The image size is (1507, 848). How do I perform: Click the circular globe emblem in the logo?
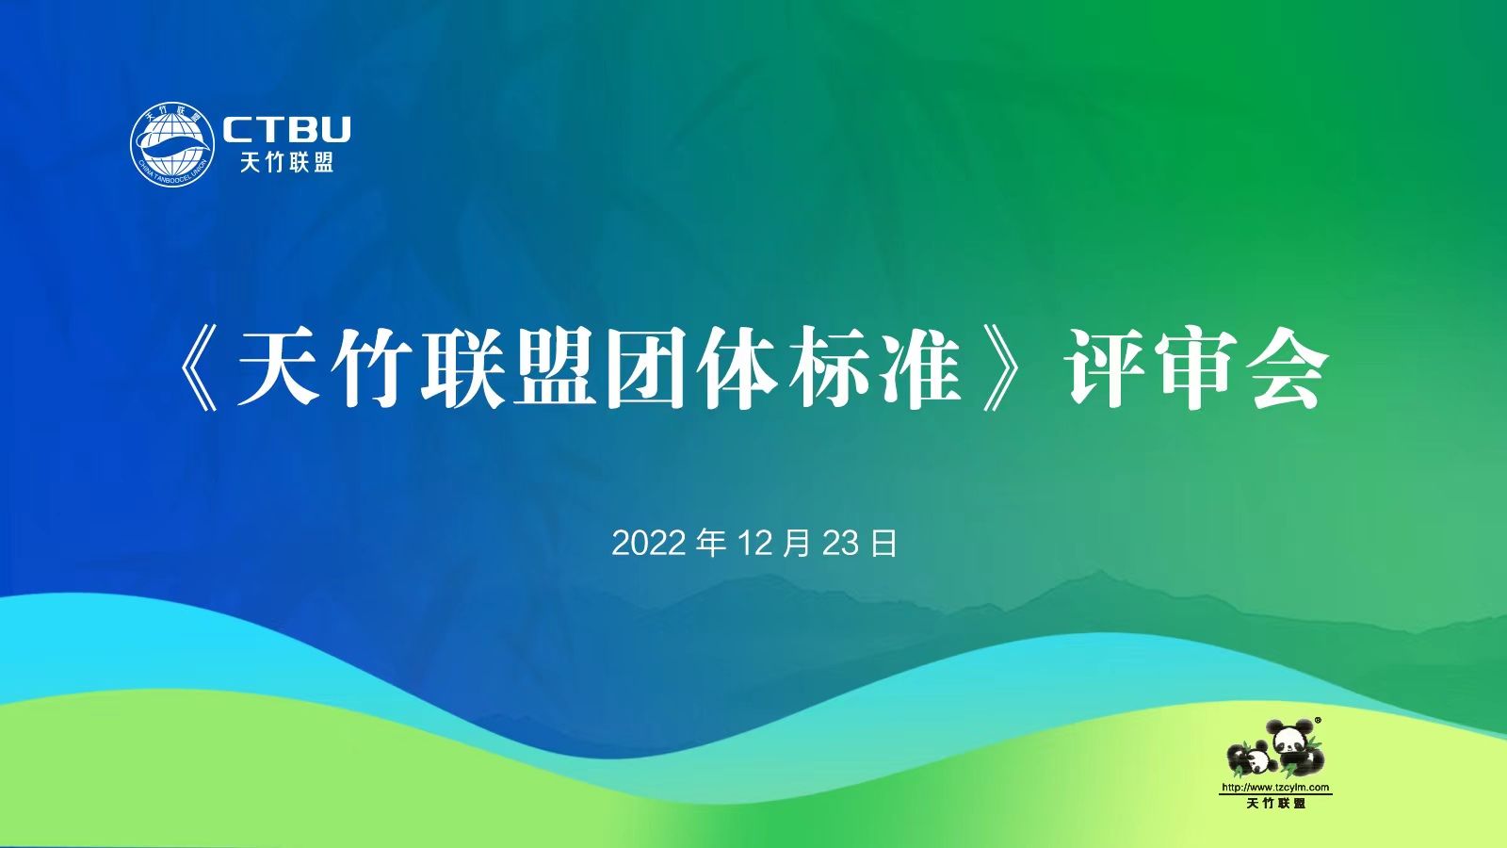172,144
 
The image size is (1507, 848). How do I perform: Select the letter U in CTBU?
333,130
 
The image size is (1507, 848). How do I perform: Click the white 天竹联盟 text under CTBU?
286,161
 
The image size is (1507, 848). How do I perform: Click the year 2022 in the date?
649,544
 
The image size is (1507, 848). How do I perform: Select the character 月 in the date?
797,544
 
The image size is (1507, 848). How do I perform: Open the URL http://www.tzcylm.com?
1275,788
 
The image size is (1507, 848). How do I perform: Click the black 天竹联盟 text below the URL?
1275,803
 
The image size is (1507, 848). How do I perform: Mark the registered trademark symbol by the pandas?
1318,720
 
